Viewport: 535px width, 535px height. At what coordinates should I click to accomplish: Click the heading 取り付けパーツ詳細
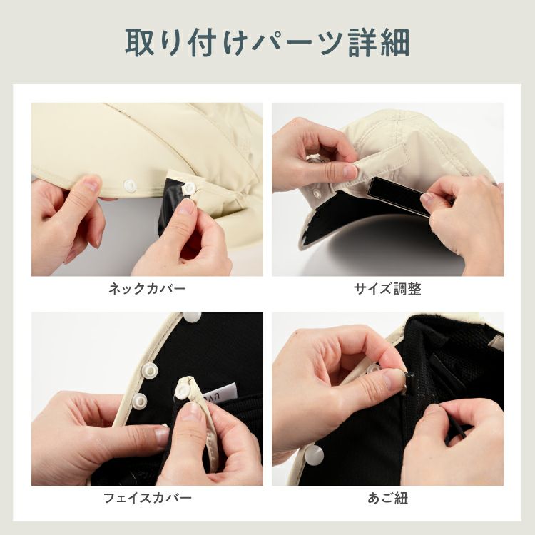pyautogui.click(x=267, y=43)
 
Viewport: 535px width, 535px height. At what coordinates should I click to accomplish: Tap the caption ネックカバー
pyautogui.click(x=147, y=289)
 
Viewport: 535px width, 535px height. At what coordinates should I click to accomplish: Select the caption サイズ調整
pyautogui.click(x=387, y=289)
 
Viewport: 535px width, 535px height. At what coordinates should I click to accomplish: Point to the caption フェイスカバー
pyautogui.click(x=147, y=498)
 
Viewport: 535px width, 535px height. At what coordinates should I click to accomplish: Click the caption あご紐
pyautogui.click(x=387, y=498)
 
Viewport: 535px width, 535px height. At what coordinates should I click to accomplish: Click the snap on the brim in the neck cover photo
pyautogui.click(x=130, y=185)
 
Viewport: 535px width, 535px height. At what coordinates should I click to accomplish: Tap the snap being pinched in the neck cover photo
pyautogui.click(x=189, y=187)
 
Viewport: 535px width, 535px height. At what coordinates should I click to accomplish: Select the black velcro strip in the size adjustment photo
pyautogui.click(x=399, y=195)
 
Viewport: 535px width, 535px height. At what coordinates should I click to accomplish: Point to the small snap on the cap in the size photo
pyautogui.click(x=317, y=193)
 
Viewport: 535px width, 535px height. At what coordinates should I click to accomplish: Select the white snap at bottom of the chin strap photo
pyautogui.click(x=314, y=455)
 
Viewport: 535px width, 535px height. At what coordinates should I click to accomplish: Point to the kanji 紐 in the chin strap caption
pyautogui.click(x=401, y=498)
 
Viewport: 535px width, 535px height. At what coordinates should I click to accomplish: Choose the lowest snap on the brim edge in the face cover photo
pyautogui.click(x=139, y=401)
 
